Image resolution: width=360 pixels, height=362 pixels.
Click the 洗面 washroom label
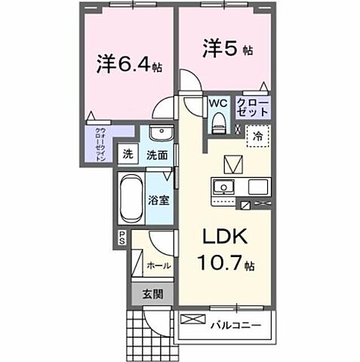(x=156, y=155)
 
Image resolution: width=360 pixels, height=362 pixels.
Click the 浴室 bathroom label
(x=158, y=202)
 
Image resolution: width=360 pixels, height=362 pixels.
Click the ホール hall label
(x=158, y=266)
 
